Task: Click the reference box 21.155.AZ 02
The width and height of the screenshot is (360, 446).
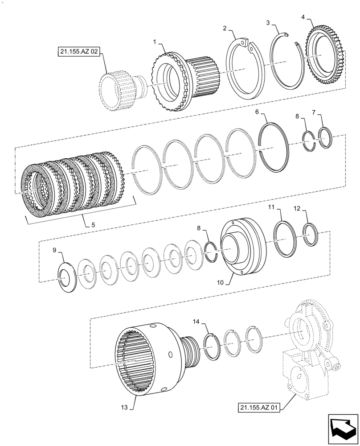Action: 78,52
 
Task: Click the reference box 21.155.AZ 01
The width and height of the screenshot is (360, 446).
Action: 258,408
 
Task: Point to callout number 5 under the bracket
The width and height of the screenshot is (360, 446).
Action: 93,225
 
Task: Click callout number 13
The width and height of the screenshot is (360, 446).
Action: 124,407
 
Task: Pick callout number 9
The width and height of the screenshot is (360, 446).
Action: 55,251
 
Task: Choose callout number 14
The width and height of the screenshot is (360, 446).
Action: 196,321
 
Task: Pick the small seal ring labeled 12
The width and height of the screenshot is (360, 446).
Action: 311,234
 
